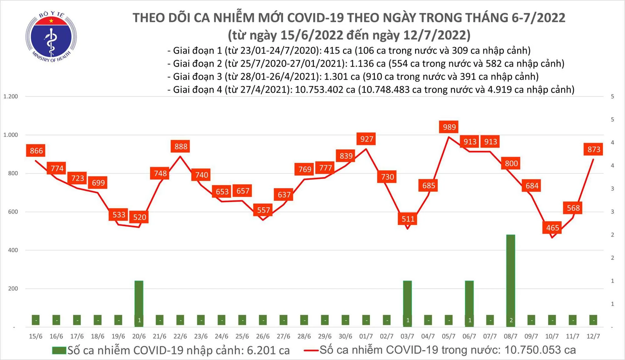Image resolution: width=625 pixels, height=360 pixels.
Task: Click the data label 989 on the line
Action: coord(449,127)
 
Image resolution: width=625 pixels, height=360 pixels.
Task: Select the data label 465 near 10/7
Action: coord(552,228)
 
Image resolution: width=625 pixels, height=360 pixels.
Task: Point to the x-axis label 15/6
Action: coord(35,336)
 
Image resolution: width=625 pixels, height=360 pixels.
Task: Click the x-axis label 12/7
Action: coord(593,336)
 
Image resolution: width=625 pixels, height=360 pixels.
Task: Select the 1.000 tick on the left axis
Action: coord(11,135)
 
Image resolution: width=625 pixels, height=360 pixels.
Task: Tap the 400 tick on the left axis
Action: coord(13,250)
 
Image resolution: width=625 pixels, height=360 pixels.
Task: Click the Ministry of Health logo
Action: coord(51,37)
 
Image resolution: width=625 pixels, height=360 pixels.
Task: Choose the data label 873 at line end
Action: coord(593,149)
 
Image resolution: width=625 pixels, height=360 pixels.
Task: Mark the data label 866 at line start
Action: coord(36,151)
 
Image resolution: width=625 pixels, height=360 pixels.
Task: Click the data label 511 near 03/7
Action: coord(408,219)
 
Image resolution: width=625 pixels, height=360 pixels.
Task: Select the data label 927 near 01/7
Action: coord(367,139)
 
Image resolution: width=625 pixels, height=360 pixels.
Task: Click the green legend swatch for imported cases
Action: coord(59,350)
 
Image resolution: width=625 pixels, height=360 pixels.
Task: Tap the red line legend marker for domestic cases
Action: coord(311,350)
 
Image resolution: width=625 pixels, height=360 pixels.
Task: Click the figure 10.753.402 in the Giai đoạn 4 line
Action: coord(325,90)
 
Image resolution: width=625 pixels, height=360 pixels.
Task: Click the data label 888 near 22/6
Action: coord(181,147)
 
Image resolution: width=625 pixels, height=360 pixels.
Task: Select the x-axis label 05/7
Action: coord(448,336)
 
